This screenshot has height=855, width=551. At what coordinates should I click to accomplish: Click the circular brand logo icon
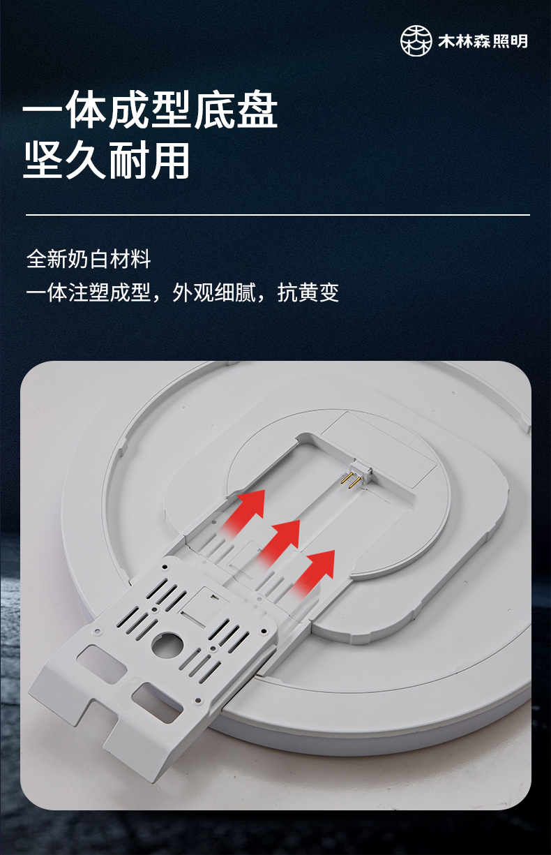tap(416, 41)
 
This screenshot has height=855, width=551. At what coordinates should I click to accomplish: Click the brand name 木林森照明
tap(483, 41)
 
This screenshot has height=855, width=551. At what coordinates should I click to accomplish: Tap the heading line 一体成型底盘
tap(150, 110)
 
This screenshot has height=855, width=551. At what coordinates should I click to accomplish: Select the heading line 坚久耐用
tap(107, 160)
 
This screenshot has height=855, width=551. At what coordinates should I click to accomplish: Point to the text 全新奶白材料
tap(89, 259)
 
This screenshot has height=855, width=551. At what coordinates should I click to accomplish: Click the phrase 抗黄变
tap(308, 292)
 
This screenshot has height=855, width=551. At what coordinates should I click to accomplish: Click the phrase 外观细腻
tap(214, 292)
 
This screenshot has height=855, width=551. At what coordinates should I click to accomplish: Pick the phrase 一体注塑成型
tap(89, 292)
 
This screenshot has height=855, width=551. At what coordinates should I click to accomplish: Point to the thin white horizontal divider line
tap(278, 215)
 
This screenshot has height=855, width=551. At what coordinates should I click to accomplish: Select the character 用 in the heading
tap(169, 160)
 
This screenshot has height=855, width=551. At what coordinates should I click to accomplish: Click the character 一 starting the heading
tap(43, 111)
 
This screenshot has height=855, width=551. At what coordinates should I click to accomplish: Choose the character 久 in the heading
tap(85, 160)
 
